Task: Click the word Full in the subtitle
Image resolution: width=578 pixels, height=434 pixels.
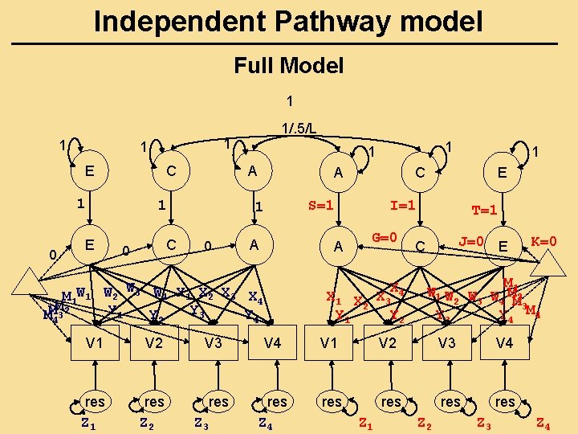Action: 253,65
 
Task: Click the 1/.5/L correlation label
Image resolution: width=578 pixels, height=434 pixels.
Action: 298,128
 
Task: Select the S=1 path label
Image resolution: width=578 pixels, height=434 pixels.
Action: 321,205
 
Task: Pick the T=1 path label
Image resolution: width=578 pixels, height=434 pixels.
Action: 485,211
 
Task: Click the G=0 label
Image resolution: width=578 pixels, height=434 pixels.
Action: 387,239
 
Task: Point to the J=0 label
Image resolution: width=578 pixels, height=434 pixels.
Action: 470,240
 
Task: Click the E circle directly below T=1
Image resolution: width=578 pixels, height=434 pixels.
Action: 503,246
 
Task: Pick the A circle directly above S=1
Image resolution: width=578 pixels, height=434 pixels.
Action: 339,170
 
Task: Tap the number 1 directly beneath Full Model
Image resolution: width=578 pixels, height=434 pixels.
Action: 289,102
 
